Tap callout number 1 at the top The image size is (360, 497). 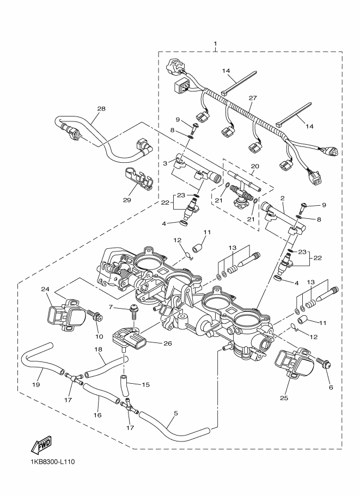click(215, 43)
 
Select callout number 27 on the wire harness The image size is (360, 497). click(253, 99)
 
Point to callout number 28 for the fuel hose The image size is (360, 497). click(101, 109)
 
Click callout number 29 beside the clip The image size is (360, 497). click(127, 200)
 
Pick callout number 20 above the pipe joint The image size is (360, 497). click(255, 166)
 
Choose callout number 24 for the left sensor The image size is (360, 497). click(45, 289)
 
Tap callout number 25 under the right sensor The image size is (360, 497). click(284, 398)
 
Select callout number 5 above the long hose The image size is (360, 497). click(176, 413)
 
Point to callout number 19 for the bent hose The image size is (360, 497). click(36, 384)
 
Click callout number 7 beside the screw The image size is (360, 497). click(111, 307)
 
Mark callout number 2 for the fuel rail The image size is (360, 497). click(282, 198)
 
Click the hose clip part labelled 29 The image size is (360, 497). click(138, 178)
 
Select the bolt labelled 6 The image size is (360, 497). click(324, 363)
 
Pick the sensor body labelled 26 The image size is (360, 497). click(130, 339)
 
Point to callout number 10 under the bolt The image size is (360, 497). click(99, 336)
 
